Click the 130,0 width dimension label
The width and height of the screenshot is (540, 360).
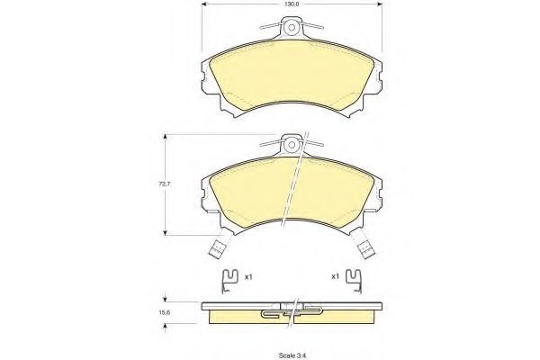[292, 4]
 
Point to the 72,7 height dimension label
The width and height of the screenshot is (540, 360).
[165, 184]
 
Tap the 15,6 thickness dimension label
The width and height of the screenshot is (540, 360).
[165, 313]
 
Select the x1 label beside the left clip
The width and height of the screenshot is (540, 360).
[248, 276]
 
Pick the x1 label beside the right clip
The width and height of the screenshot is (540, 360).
[335, 276]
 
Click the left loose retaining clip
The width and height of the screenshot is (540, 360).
[229, 281]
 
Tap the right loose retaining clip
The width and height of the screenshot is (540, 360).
[354, 281]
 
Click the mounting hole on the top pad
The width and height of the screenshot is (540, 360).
[292, 28]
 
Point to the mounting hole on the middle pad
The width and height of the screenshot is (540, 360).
[292, 145]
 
